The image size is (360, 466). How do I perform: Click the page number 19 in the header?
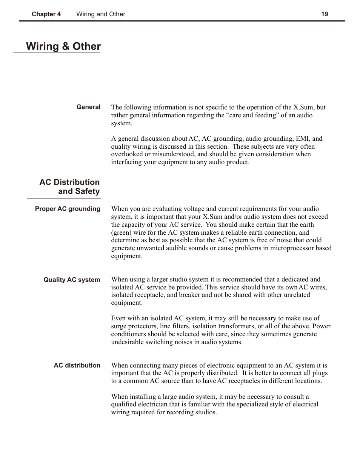pos(325,14)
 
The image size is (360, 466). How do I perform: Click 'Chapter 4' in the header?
pos(46,14)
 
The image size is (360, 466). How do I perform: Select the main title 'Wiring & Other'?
pos(63,46)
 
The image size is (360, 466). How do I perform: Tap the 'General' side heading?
pos(88,107)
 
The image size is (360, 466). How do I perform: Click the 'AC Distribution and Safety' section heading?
pos(69,187)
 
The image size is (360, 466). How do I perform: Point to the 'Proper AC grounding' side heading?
pos(68,209)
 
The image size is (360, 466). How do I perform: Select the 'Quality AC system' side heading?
pos(72,280)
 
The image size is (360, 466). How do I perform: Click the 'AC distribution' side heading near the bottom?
pos(77,366)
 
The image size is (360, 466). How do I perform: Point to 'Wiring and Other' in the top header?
pos(101,14)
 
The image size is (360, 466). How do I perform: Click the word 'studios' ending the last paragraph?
pos(206,412)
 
